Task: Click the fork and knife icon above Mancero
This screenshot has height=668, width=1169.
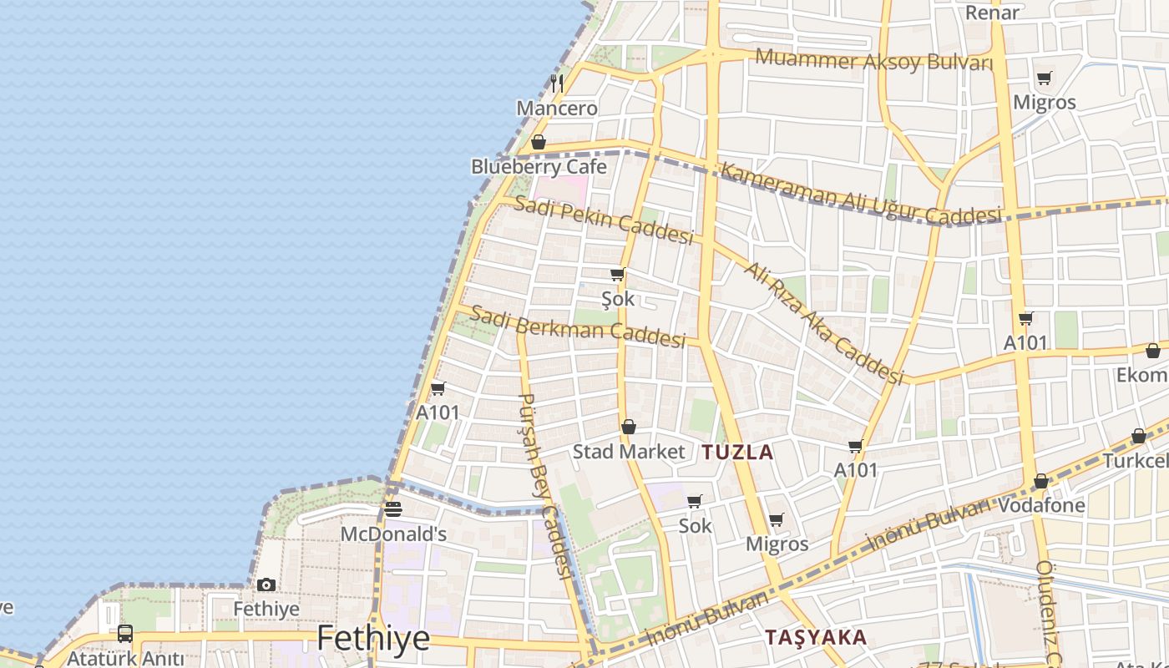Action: click(x=557, y=83)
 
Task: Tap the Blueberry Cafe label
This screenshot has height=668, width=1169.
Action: click(x=539, y=166)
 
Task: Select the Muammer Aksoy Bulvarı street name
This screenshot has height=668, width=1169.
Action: click(x=874, y=60)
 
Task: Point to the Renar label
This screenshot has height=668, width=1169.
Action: click(x=992, y=13)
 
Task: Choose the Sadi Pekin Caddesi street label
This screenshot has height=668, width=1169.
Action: click(x=603, y=220)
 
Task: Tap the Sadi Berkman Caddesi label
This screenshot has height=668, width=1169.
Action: click(x=577, y=326)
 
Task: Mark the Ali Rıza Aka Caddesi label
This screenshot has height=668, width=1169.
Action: click(x=824, y=323)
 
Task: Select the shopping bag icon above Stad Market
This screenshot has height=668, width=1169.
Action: click(x=629, y=427)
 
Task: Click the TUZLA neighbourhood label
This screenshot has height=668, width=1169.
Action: click(x=737, y=453)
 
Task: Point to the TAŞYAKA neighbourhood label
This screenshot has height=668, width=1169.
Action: click(x=816, y=638)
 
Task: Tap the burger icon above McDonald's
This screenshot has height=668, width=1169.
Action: click(x=393, y=509)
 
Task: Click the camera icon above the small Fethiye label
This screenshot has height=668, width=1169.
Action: click(x=266, y=584)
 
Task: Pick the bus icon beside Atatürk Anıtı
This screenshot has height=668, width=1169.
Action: click(x=125, y=633)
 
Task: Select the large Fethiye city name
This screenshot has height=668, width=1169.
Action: click(x=373, y=639)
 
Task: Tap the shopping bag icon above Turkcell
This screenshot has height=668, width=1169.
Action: click(x=1139, y=436)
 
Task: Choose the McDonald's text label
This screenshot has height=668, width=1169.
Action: click(x=393, y=534)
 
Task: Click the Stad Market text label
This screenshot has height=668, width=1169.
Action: click(x=629, y=452)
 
